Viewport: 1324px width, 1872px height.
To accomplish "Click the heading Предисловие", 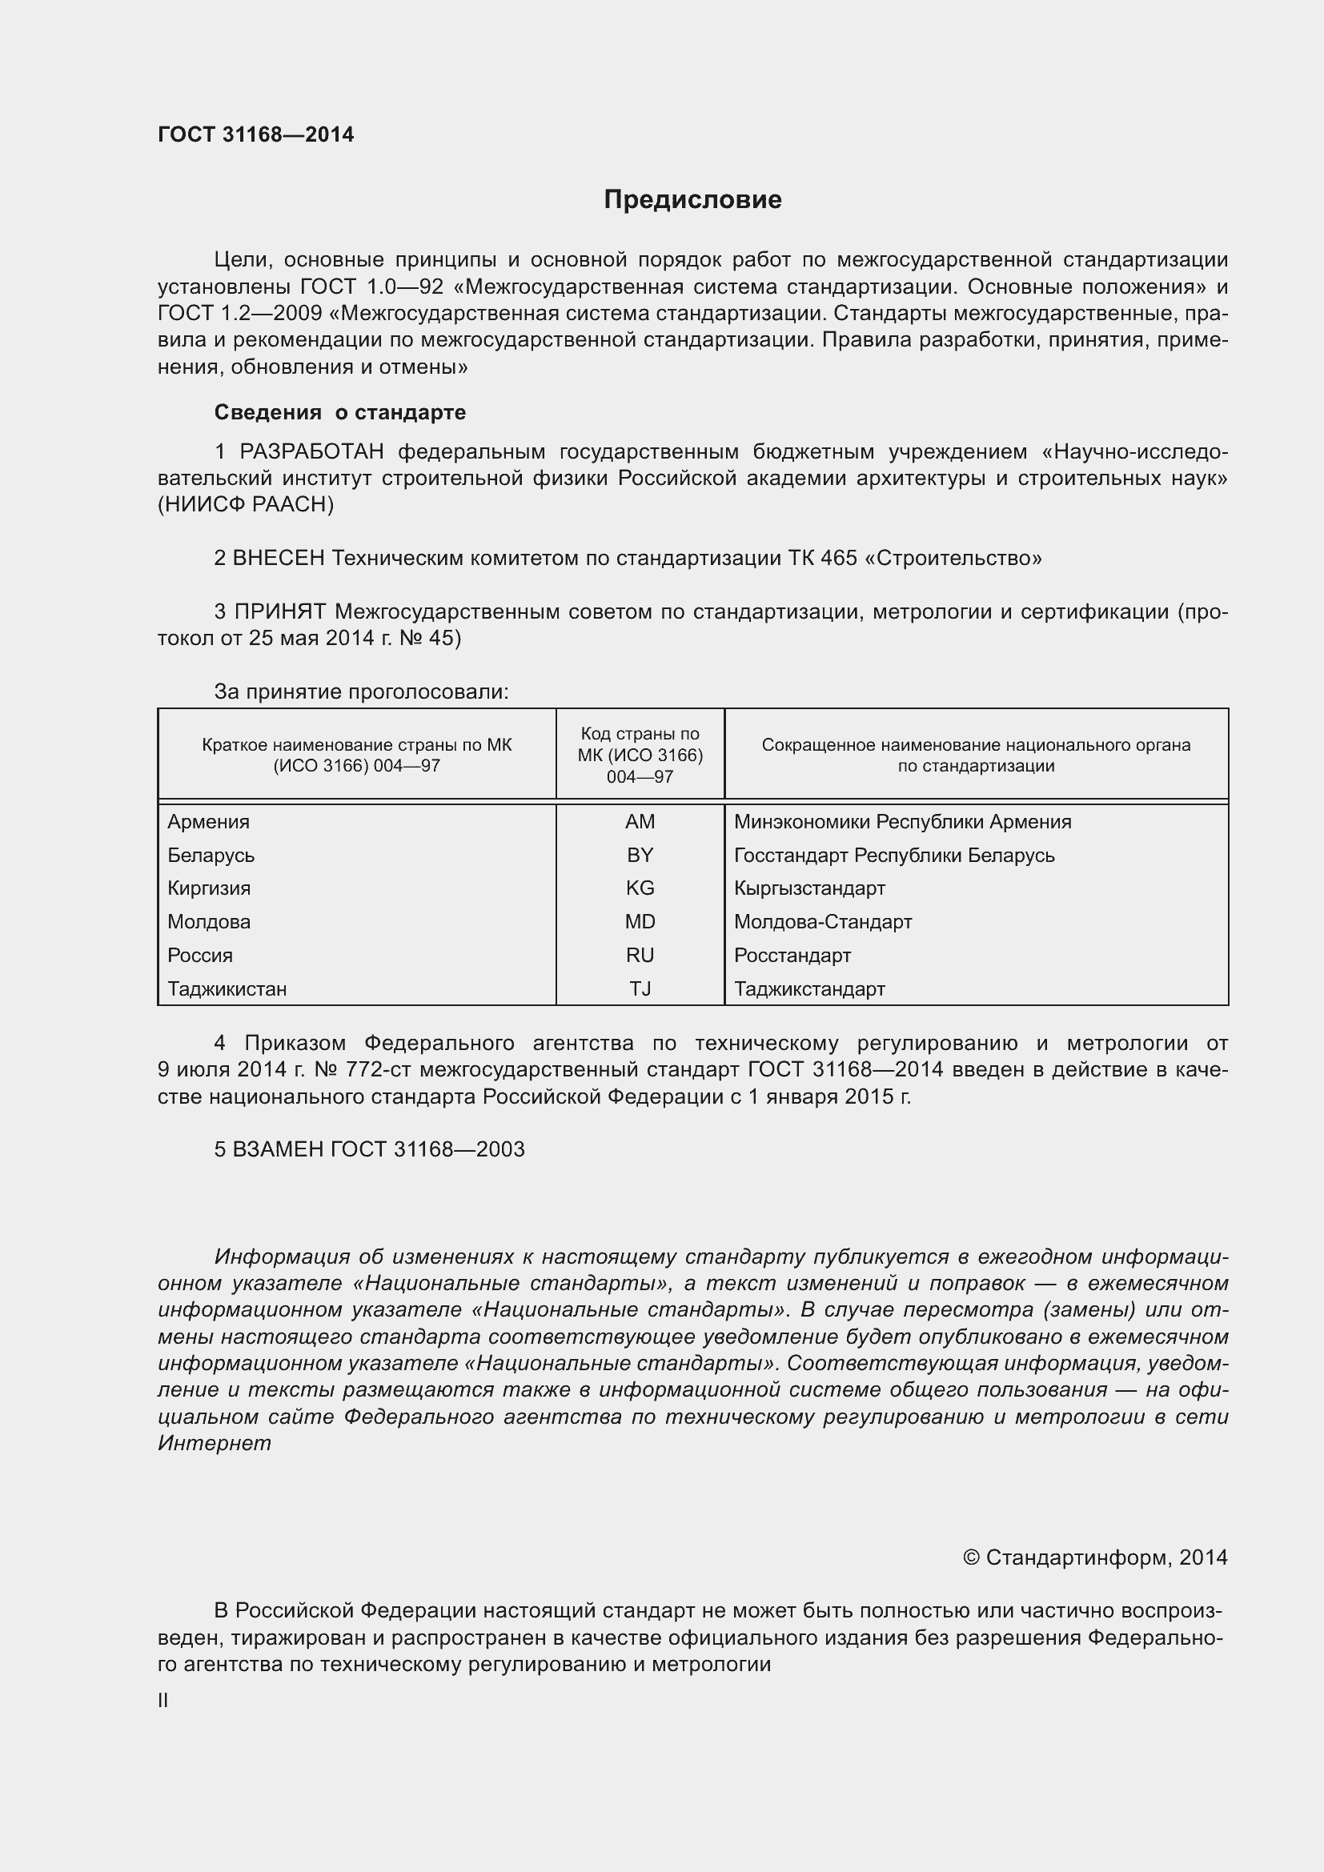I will [x=692, y=200].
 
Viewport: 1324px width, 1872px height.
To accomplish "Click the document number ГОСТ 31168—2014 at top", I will [x=256, y=135].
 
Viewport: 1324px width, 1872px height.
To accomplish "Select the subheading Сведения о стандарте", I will [x=340, y=412].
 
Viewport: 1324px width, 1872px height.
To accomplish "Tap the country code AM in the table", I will [x=640, y=822].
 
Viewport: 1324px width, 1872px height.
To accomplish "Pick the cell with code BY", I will [x=640, y=856].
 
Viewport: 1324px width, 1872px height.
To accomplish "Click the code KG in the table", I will [x=640, y=888].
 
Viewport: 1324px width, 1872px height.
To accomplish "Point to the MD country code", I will [x=640, y=922].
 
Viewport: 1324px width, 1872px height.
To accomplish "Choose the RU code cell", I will [x=640, y=956].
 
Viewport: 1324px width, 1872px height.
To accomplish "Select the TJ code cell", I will [x=640, y=989].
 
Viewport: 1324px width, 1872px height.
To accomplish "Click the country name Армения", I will [x=209, y=822].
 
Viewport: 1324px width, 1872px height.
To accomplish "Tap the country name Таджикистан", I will [x=227, y=989].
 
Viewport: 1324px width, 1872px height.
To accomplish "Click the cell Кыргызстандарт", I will [x=809, y=888].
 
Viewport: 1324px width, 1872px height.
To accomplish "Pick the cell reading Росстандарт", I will [x=792, y=956].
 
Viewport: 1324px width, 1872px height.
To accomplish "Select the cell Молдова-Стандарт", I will [x=823, y=922].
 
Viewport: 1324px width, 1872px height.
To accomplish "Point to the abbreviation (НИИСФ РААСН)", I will [x=247, y=505].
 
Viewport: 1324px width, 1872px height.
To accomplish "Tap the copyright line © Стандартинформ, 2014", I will [x=1095, y=1558].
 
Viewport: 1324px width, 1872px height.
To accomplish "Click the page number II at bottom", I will [x=163, y=1701].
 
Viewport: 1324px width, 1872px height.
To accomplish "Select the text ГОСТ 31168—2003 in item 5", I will [x=427, y=1149].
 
